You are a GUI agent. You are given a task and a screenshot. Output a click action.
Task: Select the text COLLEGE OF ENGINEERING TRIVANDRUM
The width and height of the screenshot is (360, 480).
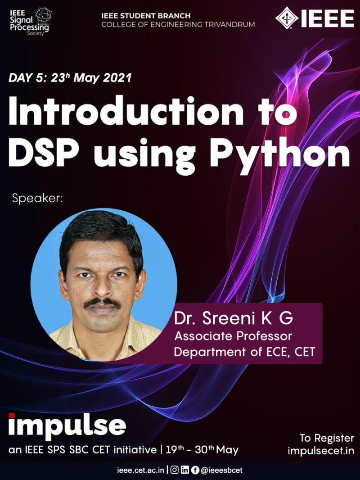178,25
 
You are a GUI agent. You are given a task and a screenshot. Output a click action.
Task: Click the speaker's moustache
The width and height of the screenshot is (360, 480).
102,303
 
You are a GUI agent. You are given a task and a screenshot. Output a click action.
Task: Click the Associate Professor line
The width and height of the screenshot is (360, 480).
233,336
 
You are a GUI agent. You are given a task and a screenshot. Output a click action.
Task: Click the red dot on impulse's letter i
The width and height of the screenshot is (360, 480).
12,415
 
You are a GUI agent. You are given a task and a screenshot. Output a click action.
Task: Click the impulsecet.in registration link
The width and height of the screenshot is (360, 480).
321,451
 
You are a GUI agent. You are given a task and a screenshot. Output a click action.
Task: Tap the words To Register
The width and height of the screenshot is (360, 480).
327,438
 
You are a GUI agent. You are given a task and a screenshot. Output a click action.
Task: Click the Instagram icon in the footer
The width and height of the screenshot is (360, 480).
175,470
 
